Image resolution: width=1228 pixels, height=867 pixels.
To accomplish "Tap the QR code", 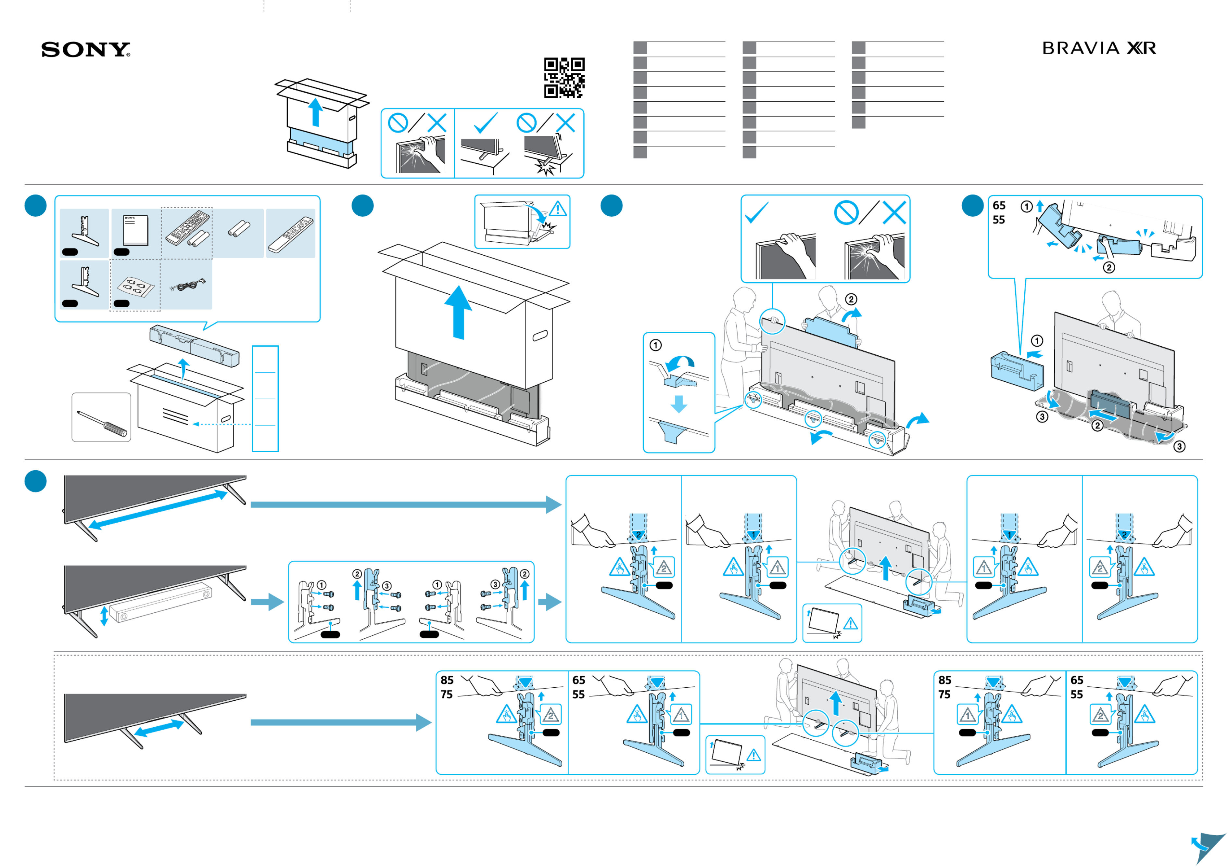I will (564, 78).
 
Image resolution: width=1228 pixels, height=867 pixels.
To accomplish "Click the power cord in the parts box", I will (187, 286).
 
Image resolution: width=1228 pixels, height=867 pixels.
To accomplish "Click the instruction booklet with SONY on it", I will (135, 230).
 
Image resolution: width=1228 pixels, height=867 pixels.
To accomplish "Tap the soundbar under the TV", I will (160, 603).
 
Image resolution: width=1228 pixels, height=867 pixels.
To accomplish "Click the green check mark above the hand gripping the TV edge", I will (756, 212).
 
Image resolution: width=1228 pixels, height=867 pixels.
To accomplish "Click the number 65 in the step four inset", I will (999, 205).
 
